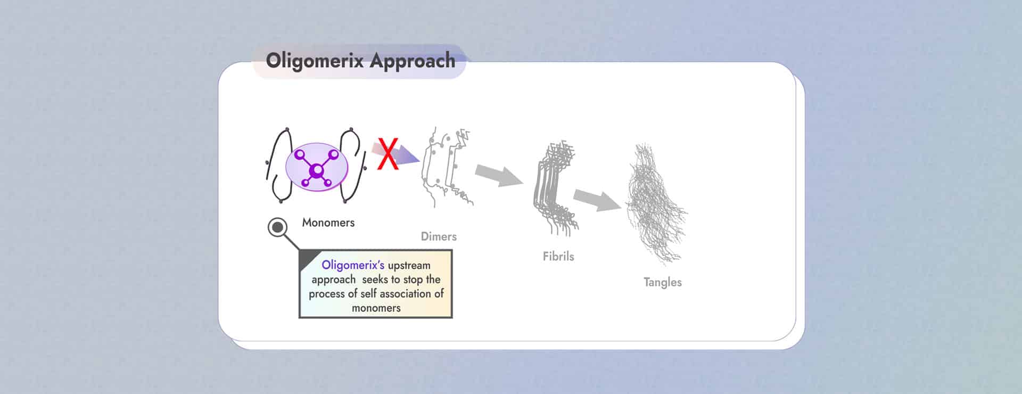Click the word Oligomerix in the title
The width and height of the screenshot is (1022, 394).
pos(315,61)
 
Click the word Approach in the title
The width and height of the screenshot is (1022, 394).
pos(413,61)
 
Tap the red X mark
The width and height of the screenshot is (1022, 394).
pos(388,154)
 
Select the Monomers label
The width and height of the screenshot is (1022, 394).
pos(328,223)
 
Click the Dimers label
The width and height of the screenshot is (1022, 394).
pos(439,236)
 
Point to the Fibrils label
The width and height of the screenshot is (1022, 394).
pos(558,256)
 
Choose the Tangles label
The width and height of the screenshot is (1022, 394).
pos(662,282)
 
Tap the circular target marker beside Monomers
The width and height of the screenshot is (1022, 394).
pos(277,228)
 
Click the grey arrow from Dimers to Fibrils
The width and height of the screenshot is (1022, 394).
pos(499,175)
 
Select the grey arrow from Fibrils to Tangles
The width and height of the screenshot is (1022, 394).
pos(597,199)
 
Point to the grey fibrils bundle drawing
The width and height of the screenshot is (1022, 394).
pos(555,188)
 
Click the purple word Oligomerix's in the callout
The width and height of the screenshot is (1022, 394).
pos(353,265)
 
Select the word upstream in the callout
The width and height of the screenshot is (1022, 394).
pos(409,266)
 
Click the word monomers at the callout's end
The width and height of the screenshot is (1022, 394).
pos(376,308)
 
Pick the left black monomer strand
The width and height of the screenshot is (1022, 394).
pos(278,165)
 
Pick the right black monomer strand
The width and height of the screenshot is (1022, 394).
pos(354,165)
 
